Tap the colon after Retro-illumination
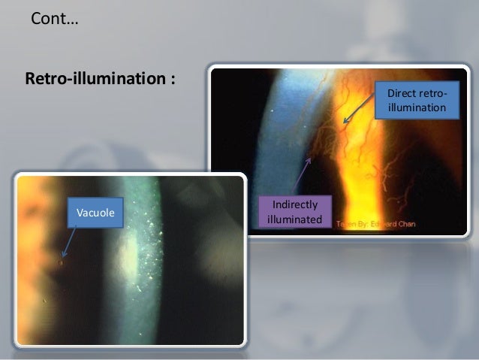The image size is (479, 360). [x=173, y=79]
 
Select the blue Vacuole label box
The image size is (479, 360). [x=95, y=214]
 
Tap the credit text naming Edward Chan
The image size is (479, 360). [x=375, y=224]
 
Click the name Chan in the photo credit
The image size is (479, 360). [x=402, y=224]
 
